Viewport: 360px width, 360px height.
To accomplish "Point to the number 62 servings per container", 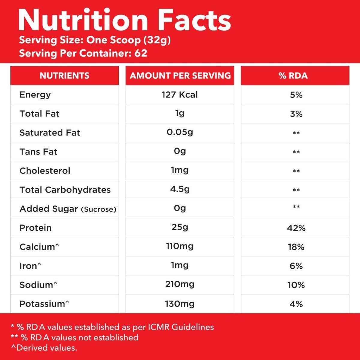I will tap(141, 53).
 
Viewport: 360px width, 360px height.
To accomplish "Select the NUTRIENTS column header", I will tap(64, 75).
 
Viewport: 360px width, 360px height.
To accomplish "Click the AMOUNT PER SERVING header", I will tap(180, 75).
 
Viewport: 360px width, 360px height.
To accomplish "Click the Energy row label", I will tap(35, 95).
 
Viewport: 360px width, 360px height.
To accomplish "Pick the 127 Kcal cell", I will tap(180, 95).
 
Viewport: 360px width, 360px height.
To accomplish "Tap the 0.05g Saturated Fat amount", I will tap(180, 132).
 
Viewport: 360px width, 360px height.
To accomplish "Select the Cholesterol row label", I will tap(45, 171).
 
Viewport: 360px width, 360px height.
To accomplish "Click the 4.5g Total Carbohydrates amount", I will tap(180, 189).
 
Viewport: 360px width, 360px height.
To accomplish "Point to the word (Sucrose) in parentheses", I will tap(98, 209).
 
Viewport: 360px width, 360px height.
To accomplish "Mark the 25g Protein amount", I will tap(180, 227).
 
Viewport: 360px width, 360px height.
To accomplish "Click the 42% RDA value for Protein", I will tap(296, 228).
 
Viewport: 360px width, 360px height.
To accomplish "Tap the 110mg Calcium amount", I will tap(180, 246).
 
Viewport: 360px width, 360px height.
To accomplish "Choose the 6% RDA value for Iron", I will tap(296, 266).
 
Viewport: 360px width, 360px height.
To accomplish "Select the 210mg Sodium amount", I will tap(180, 284).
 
